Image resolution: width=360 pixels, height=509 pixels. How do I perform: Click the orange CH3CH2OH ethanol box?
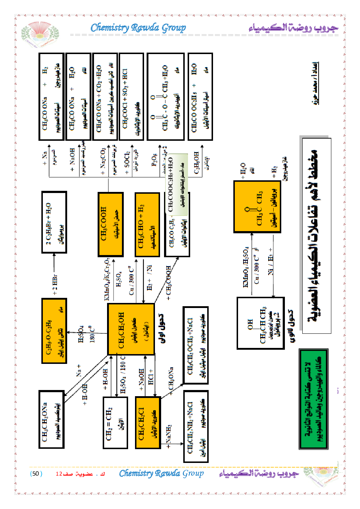point(131,329)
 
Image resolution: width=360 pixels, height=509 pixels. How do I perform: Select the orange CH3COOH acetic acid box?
point(110,224)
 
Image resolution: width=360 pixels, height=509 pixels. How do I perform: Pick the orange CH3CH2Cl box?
point(148,422)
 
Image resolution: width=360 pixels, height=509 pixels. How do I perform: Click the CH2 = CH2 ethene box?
point(115,422)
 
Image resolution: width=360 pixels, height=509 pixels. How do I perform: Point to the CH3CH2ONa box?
point(52,419)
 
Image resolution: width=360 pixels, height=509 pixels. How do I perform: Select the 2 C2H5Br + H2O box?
point(54,222)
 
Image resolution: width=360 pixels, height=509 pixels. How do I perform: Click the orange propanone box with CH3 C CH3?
point(257,207)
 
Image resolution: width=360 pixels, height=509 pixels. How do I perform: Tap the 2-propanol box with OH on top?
point(260,323)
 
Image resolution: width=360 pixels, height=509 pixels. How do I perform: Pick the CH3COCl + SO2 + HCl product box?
point(131,97)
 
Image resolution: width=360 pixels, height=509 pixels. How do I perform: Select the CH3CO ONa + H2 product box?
point(51,97)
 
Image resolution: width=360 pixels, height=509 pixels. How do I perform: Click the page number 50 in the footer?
point(36,473)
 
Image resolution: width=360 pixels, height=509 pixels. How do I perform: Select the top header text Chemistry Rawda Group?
point(138,28)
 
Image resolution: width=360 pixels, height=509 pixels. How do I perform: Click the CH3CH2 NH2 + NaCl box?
point(196,426)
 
